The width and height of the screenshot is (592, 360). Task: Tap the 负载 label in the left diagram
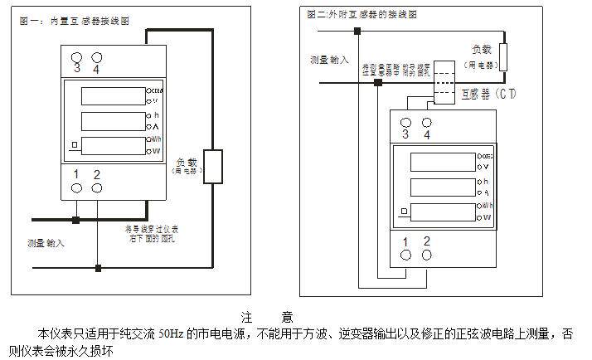pos(187,163)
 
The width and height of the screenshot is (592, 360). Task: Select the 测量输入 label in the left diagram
pos(45,244)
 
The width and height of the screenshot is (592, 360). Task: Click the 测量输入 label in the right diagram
pos(329,60)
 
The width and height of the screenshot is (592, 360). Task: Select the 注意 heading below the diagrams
pos(266,317)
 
